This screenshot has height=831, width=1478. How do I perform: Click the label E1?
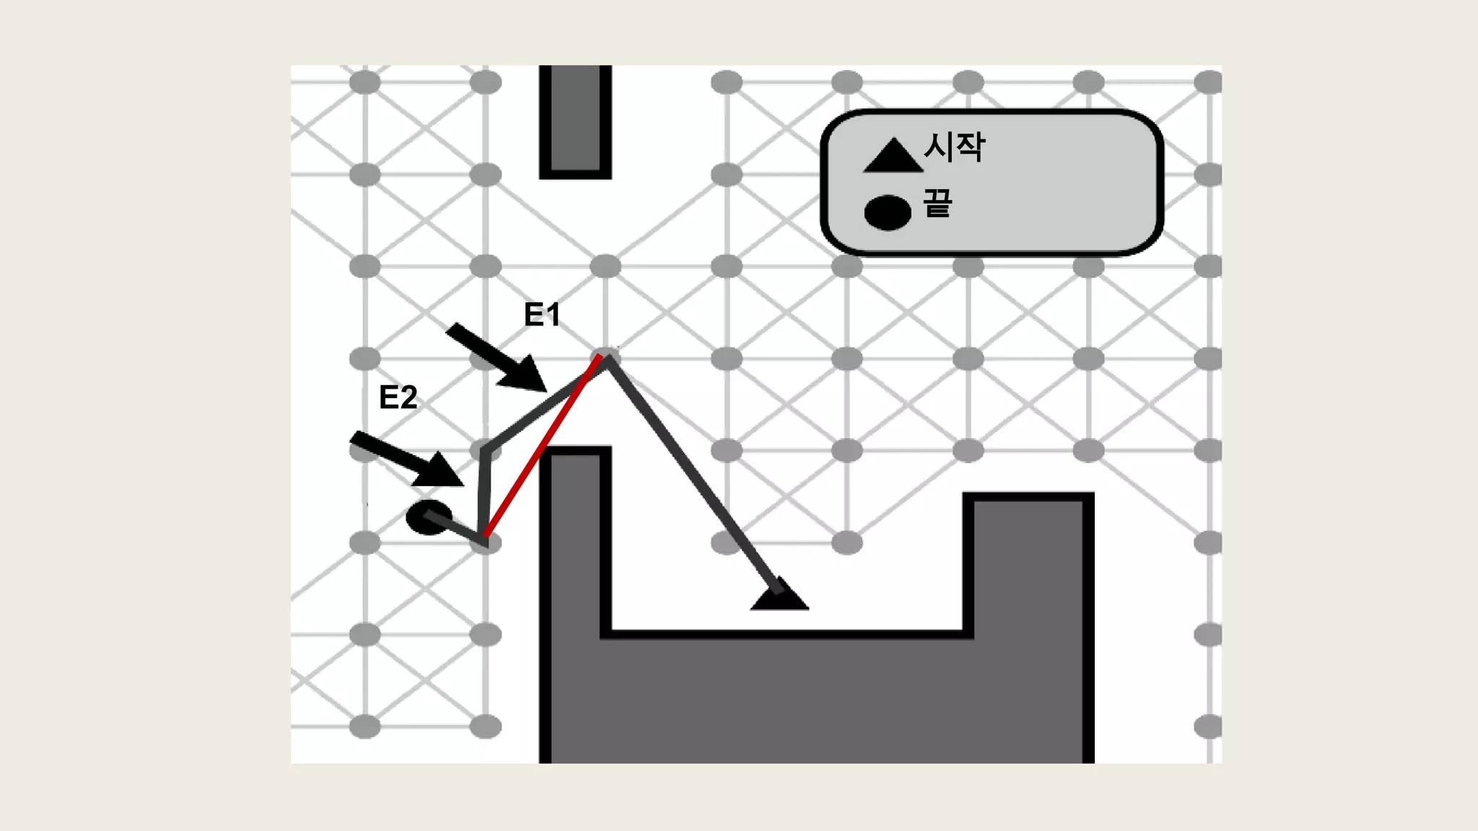click(542, 315)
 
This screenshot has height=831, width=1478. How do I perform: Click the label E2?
click(398, 397)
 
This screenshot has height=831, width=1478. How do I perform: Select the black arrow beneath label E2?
click(408, 459)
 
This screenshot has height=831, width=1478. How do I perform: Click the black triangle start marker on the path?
click(779, 596)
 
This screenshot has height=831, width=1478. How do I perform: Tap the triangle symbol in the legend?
click(893, 156)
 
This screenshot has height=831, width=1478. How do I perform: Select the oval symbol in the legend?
click(888, 212)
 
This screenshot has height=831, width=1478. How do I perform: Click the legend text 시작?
click(954, 147)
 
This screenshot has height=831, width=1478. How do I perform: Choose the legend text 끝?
click(937, 203)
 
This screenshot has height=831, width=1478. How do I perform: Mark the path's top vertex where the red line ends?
click(605, 357)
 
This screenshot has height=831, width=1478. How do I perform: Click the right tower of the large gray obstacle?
click(1028, 563)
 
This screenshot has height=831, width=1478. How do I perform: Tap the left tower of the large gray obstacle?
click(575, 548)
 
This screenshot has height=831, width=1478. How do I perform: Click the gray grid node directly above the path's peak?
click(605, 266)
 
